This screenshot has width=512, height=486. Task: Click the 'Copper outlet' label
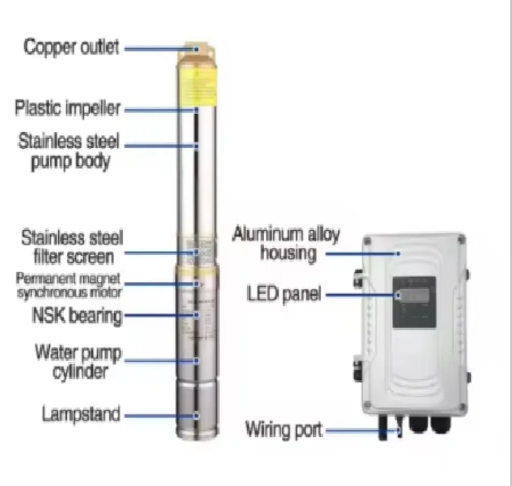click(71, 47)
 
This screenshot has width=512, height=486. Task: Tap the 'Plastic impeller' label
click(68, 108)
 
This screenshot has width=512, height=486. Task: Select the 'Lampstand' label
click(81, 414)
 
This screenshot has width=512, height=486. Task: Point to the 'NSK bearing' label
click(77, 316)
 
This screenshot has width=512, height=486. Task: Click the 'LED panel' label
click(284, 294)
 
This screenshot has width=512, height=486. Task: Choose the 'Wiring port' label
click(284, 430)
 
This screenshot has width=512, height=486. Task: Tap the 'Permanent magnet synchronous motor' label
click(69, 286)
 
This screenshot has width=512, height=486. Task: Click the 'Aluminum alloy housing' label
click(286, 244)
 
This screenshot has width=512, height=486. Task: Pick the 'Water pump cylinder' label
click(78, 361)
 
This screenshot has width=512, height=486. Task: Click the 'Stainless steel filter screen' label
click(72, 247)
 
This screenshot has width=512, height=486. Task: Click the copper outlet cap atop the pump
click(197, 54)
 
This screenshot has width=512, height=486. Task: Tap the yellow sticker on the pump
click(197, 87)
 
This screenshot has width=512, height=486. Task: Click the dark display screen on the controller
click(414, 302)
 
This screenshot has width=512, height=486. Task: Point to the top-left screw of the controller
click(367, 241)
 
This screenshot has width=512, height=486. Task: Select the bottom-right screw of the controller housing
click(462, 407)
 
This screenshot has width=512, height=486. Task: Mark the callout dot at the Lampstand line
click(196, 416)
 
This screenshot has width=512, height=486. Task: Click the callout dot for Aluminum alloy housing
click(398, 253)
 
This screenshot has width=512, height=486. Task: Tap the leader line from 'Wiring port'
click(362, 430)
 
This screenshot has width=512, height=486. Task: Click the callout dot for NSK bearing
click(197, 315)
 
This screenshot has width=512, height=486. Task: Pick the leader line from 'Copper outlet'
click(159, 49)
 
